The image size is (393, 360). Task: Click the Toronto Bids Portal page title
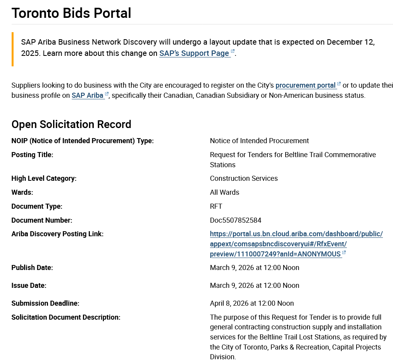pyautogui.click(x=71, y=13)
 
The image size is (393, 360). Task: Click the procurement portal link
pyautogui.click(x=305, y=85)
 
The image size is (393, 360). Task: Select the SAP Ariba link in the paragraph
pyautogui.click(x=88, y=95)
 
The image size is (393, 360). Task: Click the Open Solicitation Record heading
pyautogui.click(x=71, y=124)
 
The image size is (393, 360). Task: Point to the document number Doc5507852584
pyautogui.click(x=236, y=220)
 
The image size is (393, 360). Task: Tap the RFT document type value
pyautogui.click(x=216, y=206)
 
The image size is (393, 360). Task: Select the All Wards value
pyautogui.click(x=225, y=192)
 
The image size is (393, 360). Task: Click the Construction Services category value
pyautogui.click(x=244, y=178)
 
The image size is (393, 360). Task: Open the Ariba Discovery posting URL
pyautogui.click(x=296, y=244)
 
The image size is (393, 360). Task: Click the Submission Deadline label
pyautogui.click(x=45, y=303)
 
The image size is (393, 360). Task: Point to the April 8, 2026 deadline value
pyautogui.click(x=252, y=303)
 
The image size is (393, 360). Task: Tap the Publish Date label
pyautogui.click(x=32, y=268)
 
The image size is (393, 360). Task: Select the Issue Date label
pyautogui.click(x=29, y=286)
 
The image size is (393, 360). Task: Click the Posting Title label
pyautogui.click(x=32, y=155)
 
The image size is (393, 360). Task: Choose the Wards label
pyautogui.click(x=22, y=192)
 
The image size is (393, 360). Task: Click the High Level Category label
pyautogui.click(x=44, y=178)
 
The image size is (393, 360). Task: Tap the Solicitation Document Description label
pyautogui.click(x=66, y=317)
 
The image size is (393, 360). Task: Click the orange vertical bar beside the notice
pyautogui.click(x=12, y=49)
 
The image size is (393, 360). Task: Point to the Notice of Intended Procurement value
pyautogui.click(x=259, y=141)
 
